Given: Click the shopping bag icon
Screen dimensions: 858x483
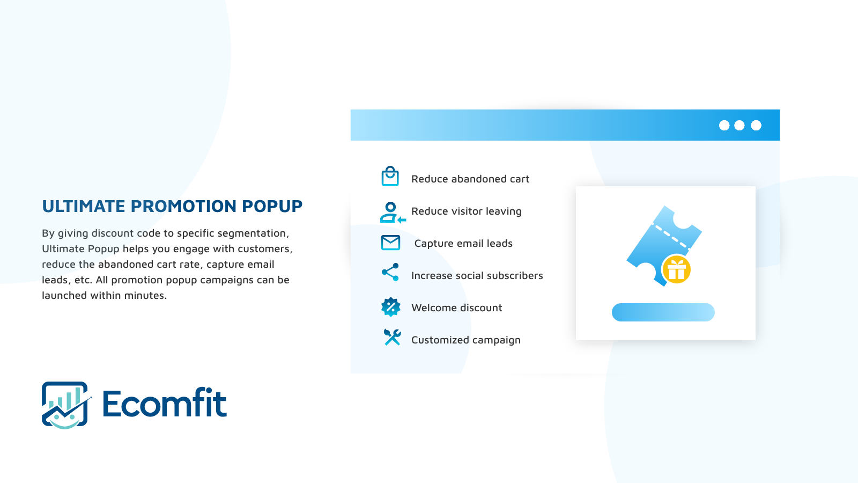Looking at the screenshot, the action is [390, 177].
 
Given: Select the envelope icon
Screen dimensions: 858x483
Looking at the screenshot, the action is [390, 243].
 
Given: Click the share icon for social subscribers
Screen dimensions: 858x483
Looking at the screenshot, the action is [390, 272].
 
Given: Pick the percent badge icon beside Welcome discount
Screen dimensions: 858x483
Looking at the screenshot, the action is [391, 307].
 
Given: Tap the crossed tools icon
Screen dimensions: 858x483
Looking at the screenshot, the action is [392, 338].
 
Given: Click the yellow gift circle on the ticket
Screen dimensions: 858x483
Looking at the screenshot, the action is [676, 269].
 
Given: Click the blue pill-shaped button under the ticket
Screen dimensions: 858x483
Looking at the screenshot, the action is [663, 312].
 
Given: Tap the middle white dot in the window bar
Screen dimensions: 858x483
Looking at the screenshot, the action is [739, 126].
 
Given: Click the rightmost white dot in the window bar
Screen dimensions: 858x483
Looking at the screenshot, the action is [756, 126].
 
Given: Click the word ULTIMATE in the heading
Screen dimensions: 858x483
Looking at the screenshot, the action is [84, 206].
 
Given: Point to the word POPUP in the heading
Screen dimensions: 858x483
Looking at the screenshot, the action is [272, 206].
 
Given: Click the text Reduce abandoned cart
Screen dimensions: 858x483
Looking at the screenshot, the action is [470, 179].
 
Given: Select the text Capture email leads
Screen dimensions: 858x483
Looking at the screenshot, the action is [463, 244].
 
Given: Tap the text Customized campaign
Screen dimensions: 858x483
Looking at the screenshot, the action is [466, 340].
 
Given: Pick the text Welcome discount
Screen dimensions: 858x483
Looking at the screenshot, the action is [456, 308].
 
